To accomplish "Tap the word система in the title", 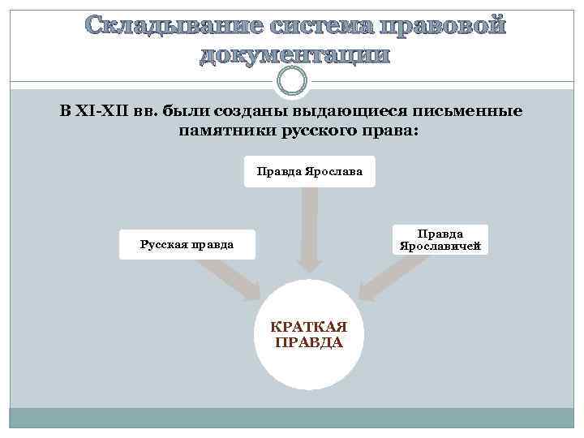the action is (318, 27).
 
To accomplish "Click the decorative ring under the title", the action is (292, 80).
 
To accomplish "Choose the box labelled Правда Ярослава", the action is (310, 171).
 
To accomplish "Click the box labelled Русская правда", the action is (187, 243).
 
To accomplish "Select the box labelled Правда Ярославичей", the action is (440, 239).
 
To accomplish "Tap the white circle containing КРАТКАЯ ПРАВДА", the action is (308, 334).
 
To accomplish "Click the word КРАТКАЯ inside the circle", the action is (308, 326).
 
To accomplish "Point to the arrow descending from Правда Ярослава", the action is (310, 231).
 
